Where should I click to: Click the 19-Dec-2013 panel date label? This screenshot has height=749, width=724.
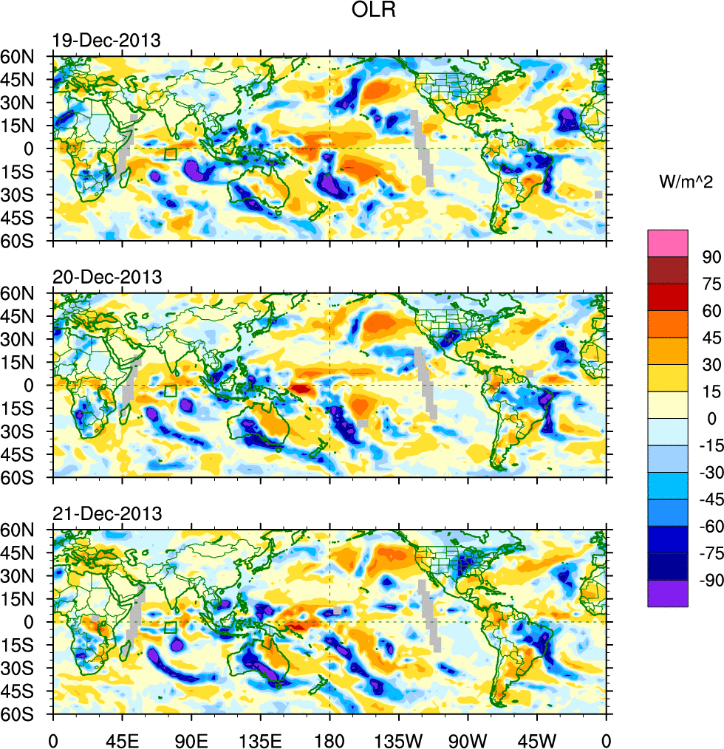[x=106, y=41]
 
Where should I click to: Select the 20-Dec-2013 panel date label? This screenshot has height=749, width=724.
[x=106, y=278]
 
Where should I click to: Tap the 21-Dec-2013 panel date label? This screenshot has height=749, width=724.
[x=106, y=514]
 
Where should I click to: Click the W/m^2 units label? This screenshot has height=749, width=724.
[x=685, y=182]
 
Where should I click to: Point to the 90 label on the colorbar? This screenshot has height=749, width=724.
[x=711, y=257]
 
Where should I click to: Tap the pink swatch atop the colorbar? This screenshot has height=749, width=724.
[x=668, y=243]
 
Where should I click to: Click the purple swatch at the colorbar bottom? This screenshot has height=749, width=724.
[x=668, y=594]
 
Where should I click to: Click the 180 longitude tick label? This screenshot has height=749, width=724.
[x=329, y=739]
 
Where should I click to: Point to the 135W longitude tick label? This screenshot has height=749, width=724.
[x=399, y=739]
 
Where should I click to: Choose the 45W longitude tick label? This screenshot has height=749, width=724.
[x=537, y=739]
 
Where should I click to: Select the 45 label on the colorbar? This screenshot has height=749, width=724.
[x=711, y=338]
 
